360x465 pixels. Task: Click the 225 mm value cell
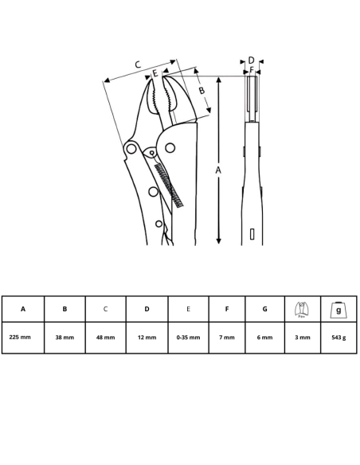click(20, 337)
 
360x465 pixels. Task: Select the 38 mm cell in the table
click(65, 338)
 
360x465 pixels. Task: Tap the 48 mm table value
click(106, 338)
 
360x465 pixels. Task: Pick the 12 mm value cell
click(147, 338)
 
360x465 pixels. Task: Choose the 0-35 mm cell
click(188, 338)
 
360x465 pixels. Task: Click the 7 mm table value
click(227, 338)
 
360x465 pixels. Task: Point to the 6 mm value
click(264, 338)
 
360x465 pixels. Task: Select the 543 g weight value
click(338, 338)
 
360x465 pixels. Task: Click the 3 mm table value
click(303, 338)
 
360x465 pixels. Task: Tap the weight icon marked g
click(338, 311)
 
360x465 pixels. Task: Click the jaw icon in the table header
click(302, 310)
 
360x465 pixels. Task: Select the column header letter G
click(264, 309)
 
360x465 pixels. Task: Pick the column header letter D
click(147, 309)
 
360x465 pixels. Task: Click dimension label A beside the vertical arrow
click(218, 170)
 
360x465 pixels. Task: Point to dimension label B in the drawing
click(202, 90)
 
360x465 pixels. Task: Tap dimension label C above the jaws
click(138, 64)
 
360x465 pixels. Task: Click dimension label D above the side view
click(251, 61)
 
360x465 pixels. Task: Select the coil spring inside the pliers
click(169, 186)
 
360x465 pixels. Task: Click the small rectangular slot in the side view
click(252, 234)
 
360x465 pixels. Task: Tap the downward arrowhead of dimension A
click(218, 240)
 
